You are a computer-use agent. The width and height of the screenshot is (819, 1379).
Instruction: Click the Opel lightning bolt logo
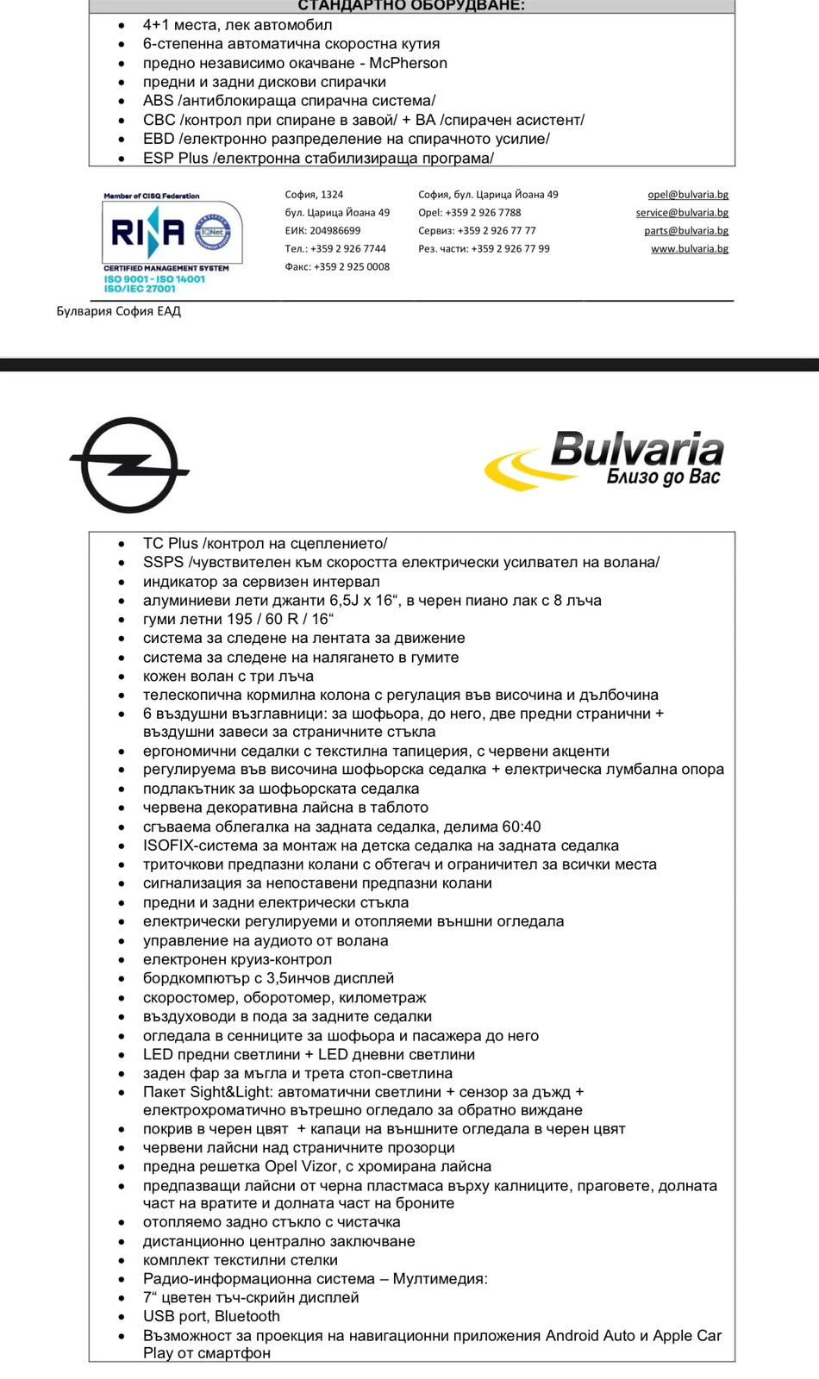(x=128, y=466)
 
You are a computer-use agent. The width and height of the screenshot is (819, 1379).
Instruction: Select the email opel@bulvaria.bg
(x=688, y=195)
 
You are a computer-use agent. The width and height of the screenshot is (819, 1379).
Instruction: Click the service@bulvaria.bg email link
(x=682, y=213)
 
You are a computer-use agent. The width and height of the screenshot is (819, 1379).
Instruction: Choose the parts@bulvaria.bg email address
(x=686, y=231)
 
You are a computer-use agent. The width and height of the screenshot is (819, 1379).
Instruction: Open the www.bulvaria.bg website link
(x=689, y=249)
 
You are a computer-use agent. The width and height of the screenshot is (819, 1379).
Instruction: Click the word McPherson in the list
(x=408, y=63)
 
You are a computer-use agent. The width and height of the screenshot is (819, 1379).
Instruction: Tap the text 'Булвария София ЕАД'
(x=119, y=311)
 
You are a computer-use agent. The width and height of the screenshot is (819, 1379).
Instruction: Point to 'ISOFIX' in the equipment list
(x=168, y=845)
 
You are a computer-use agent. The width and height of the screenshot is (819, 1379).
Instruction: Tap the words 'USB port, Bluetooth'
(x=211, y=1316)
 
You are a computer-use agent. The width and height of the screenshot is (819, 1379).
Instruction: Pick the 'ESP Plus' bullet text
(x=176, y=158)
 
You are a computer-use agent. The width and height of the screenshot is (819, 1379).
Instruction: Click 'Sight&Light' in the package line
(x=230, y=1092)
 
